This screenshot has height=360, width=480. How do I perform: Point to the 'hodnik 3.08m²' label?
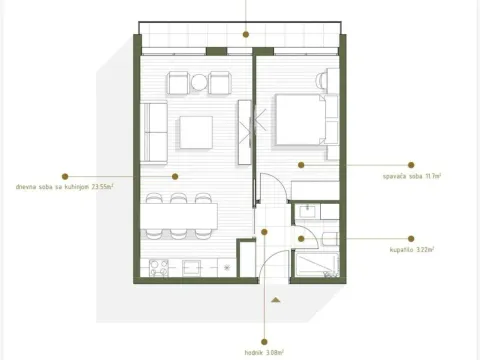coord(265,351)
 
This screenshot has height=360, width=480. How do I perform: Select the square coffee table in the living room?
coord(196,131)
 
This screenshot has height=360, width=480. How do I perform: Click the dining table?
coord(180,215)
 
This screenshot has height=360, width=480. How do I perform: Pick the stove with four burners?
coord(159,268)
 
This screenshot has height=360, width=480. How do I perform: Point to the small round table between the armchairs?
coord(200,81)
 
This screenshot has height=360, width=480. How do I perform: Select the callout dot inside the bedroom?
coord(299,163)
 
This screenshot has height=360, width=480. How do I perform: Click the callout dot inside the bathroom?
coord(302,239)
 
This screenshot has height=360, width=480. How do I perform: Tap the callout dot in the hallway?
coord(264,232)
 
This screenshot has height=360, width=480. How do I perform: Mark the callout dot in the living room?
coord(174,175)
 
